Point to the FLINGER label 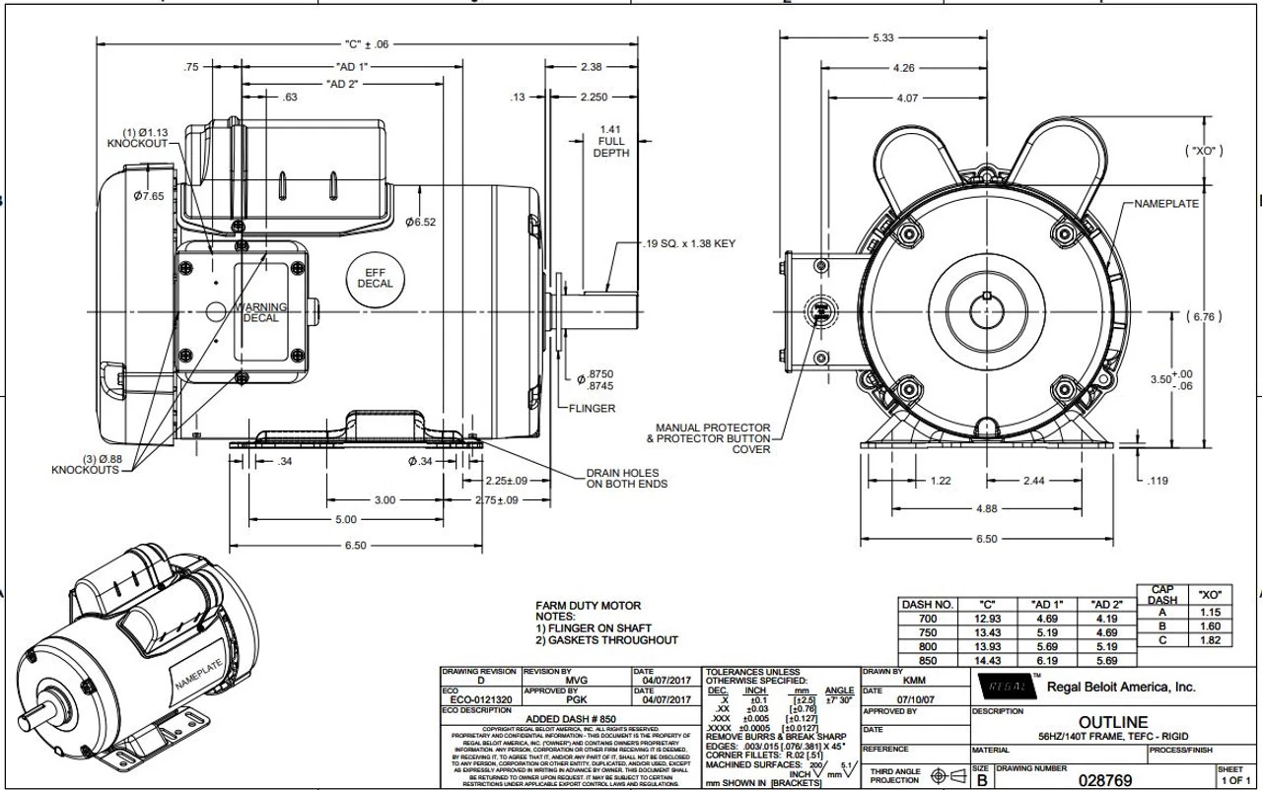[x=592, y=408]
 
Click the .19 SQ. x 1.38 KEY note [x=687, y=243]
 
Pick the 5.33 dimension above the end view [x=883, y=37]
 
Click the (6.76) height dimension [x=1206, y=316]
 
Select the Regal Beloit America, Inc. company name [x=1120, y=687]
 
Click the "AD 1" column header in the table [x=1047, y=604]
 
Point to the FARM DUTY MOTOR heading [x=588, y=605]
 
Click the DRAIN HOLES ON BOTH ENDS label [x=626, y=478]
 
